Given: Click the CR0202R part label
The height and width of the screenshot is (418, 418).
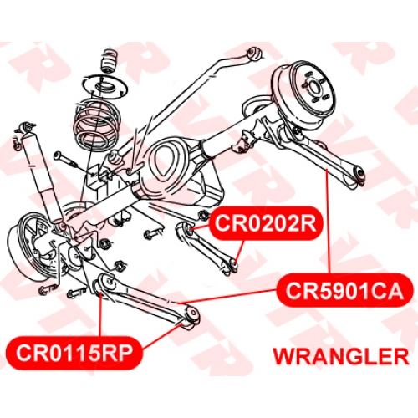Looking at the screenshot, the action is (x=266, y=223).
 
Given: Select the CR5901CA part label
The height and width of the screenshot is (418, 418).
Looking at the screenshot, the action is (x=344, y=291).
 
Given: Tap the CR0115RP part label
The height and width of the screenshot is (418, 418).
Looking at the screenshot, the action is (x=74, y=353).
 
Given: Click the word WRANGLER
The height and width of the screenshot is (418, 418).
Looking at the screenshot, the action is (x=341, y=357).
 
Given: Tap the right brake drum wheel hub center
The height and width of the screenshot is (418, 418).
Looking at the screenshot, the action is (x=316, y=89).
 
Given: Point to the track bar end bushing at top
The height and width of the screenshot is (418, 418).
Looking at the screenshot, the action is (x=254, y=54).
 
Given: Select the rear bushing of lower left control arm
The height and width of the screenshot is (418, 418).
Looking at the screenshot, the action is (x=193, y=315).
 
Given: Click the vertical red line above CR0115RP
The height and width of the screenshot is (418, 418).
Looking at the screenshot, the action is (x=100, y=315).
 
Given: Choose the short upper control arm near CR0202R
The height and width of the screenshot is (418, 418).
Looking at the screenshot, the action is (x=206, y=248).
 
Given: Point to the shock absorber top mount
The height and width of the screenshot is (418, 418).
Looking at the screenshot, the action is (x=25, y=127).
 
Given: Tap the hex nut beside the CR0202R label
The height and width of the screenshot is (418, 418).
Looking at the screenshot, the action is (x=202, y=215).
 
